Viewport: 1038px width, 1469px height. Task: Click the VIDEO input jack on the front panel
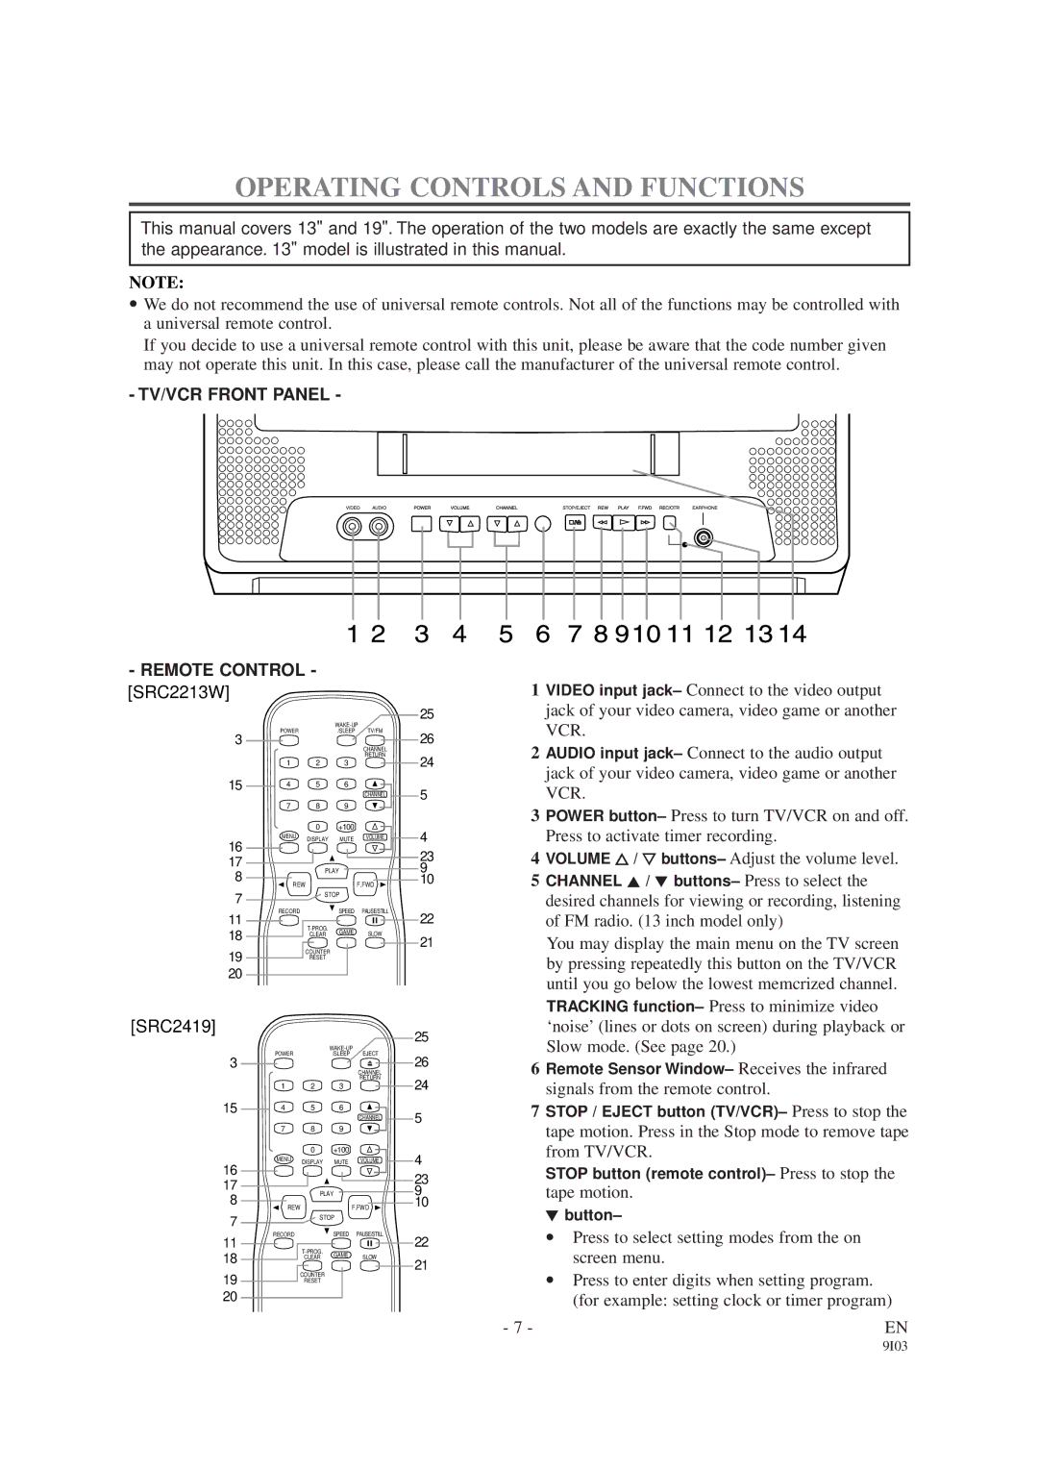pyautogui.click(x=353, y=526)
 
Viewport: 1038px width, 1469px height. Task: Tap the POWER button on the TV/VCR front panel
pyautogui.click(x=422, y=524)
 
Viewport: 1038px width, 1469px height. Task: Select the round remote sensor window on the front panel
pyautogui.click(x=542, y=524)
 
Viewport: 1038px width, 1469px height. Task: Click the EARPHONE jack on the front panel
pyautogui.click(x=704, y=537)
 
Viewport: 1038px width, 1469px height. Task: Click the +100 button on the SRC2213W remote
pyautogui.click(x=346, y=827)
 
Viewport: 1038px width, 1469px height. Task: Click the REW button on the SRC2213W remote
pyautogui.click(x=299, y=884)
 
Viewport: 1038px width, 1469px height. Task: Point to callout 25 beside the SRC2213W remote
pyautogui.click(x=427, y=714)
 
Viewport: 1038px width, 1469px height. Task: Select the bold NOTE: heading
pyautogui.click(x=158, y=283)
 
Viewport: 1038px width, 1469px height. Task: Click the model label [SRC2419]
pyautogui.click(x=174, y=1026)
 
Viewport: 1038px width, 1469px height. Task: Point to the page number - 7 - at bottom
pyautogui.click(x=517, y=1328)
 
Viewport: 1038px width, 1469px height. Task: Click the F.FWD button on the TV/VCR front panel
pyautogui.click(x=646, y=523)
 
